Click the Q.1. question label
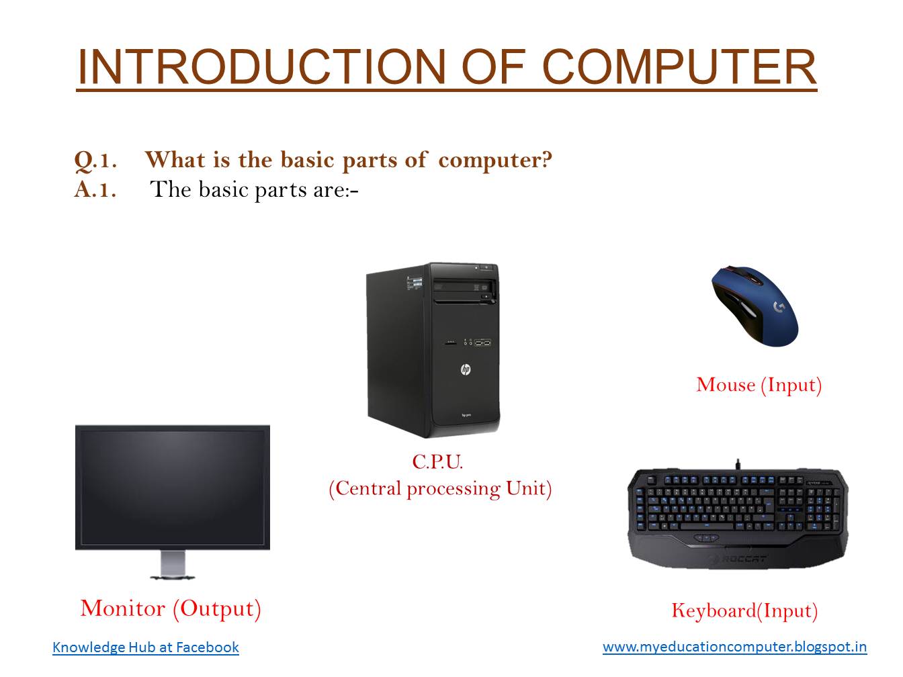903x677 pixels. pyautogui.click(x=95, y=161)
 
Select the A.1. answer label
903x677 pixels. pyautogui.click(x=95, y=190)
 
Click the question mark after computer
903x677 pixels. pyautogui.click(x=546, y=160)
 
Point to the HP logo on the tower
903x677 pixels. pyautogui.click(x=465, y=369)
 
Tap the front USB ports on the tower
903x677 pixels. pyautogui.click(x=482, y=343)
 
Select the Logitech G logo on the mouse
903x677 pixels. pyautogui.click(x=779, y=307)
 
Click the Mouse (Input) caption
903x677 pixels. pyautogui.click(x=759, y=385)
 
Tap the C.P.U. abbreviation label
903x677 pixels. pyautogui.click(x=437, y=462)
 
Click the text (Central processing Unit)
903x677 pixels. pyautogui.click(x=440, y=488)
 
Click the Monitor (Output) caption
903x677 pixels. pyautogui.click(x=171, y=608)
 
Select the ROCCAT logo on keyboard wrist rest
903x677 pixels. pyautogui.click(x=737, y=559)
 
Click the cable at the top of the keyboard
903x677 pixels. pyautogui.click(x=738, y=463)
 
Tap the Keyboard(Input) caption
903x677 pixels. pyautogui.click(x=744, y=611)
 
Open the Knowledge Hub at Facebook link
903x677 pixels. pyautogui.click(x=146, y=647)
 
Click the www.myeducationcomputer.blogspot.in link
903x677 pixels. pyautogui.click(x=734, y=647)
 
